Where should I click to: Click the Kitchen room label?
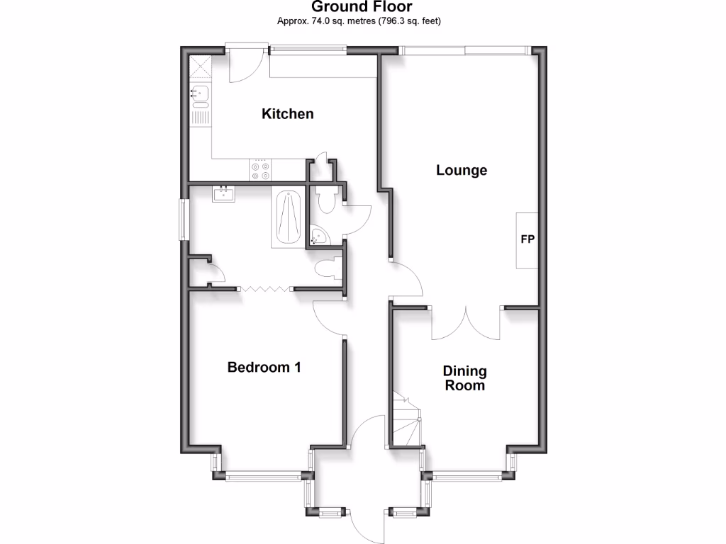(x=287, y=113)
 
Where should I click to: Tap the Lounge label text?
(x=462, y=170)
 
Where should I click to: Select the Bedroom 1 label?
(x=264, y=367)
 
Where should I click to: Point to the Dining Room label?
(x=464, y=378)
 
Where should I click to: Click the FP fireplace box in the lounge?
(x=527, y=240)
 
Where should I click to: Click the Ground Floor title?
(x=362, y=8)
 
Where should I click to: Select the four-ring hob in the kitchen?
(x=260, y=170)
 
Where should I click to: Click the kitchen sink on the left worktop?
(x=200, y=92)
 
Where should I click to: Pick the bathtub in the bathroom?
(x=287, y=217)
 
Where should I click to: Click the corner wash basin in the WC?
(x=317, y=236)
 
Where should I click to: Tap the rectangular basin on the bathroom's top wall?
(x=224, y=193)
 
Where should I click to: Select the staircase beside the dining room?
(x=406, y=421)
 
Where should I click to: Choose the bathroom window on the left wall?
(x=183, y=219)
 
